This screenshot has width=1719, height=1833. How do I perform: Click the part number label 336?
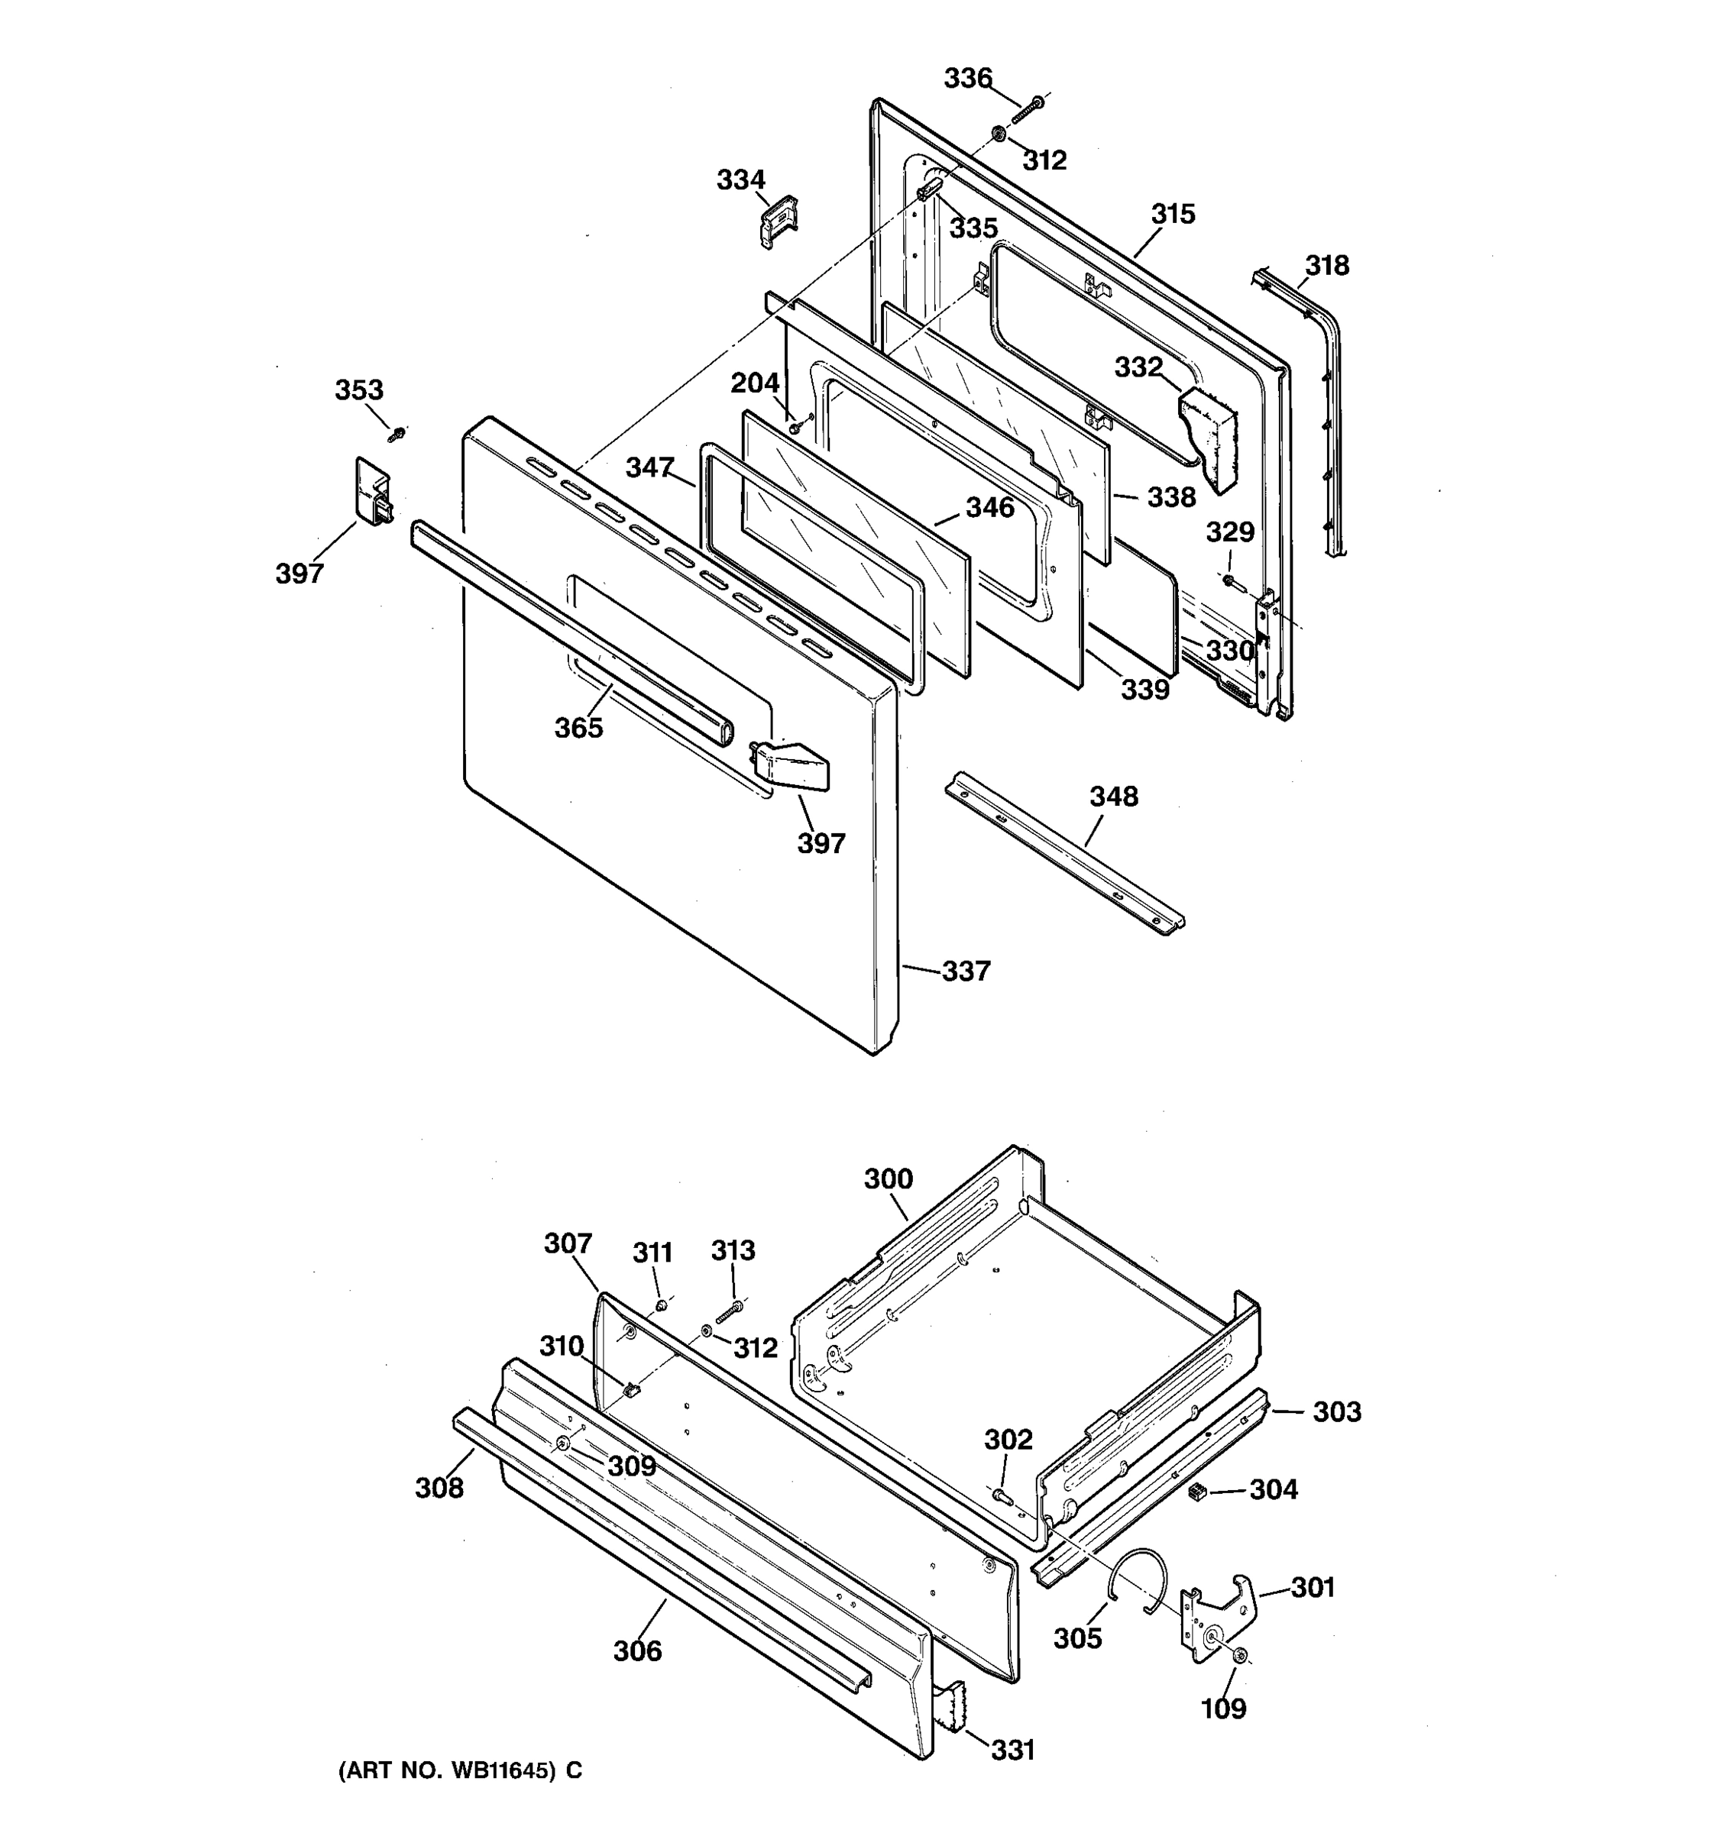click(966, 79)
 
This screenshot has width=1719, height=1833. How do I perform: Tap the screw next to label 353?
click(397, 432)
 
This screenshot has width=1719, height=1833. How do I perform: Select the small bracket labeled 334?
click(779, 222)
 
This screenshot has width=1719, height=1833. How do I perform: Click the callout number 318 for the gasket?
click(1326, 266)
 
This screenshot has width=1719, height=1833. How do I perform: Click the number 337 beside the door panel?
click(966, 971)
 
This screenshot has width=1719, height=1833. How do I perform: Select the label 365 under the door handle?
click(578, 729)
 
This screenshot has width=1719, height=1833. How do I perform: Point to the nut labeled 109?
click(1241, 1657)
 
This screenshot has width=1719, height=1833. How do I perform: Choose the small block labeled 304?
click(1198, 1491)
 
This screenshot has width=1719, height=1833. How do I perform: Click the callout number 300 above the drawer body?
click(888, 1178)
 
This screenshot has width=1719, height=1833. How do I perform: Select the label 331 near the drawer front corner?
click(1012, 1749)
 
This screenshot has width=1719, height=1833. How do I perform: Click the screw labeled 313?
click(729, 1311)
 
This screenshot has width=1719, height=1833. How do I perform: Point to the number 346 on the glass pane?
click(989, 507)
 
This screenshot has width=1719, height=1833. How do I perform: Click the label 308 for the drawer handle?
click(439, 1487)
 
